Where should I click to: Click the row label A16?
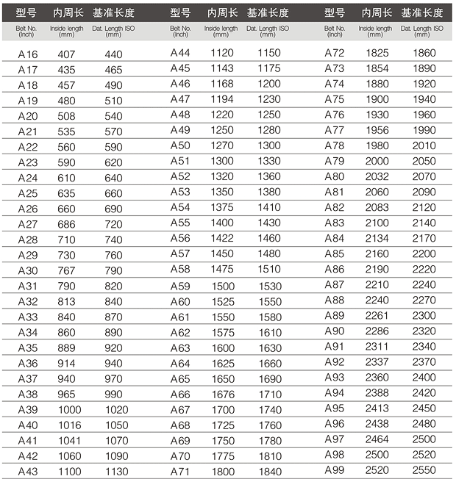click(27, 54)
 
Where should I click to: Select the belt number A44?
click(180, 54)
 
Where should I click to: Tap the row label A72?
click(335, 54)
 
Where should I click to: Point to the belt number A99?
click(335, 470)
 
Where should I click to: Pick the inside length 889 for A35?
click(67, 347)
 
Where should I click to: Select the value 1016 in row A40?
click(67, 425)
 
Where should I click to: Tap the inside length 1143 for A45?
click(221, 68)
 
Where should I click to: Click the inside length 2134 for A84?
click(377, 238)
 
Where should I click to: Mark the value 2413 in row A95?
click(377, 408)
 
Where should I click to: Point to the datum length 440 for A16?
click(113, 54)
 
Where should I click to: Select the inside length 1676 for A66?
click(221, 395)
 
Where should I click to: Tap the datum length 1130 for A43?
click(113, 471)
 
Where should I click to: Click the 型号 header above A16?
click(26, 13)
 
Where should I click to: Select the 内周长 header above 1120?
click(222, 13)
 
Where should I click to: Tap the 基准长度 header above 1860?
click(422, 13)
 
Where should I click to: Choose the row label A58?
click(180, 269)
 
